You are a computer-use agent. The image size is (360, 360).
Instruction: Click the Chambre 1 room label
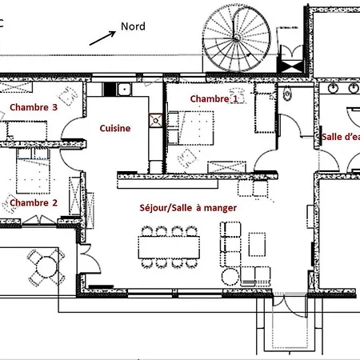pos(214,99)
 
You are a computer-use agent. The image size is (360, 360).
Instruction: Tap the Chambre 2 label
pos(34,203)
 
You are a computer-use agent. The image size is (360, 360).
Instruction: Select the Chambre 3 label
pos(34,107)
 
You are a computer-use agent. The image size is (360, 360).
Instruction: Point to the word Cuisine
pos(115,128)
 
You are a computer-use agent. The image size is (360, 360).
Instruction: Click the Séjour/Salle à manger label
pos(188,208)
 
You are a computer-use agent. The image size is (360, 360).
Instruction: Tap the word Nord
pos(133,26)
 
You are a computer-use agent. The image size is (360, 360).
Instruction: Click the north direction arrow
pos(102,38)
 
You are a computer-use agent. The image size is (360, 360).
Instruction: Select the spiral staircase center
pos(236,38)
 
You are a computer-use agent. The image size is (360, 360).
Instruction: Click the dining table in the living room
pos(169,247)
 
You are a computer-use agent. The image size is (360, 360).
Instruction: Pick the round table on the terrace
pos(46,267)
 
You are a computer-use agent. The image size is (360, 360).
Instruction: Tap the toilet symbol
pos(287,94)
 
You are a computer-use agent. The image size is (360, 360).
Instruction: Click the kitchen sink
pos(124,90)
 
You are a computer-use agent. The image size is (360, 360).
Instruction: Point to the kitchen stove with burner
pos(156,121)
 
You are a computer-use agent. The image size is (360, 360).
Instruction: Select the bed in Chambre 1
pos(191,128)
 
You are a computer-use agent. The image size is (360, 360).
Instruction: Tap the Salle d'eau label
pos(341,137)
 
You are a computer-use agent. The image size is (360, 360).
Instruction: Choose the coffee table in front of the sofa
pos(257,245)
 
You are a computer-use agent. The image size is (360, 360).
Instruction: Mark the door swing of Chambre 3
pos(72,127)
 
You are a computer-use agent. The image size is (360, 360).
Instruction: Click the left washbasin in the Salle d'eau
pos(333,88)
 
